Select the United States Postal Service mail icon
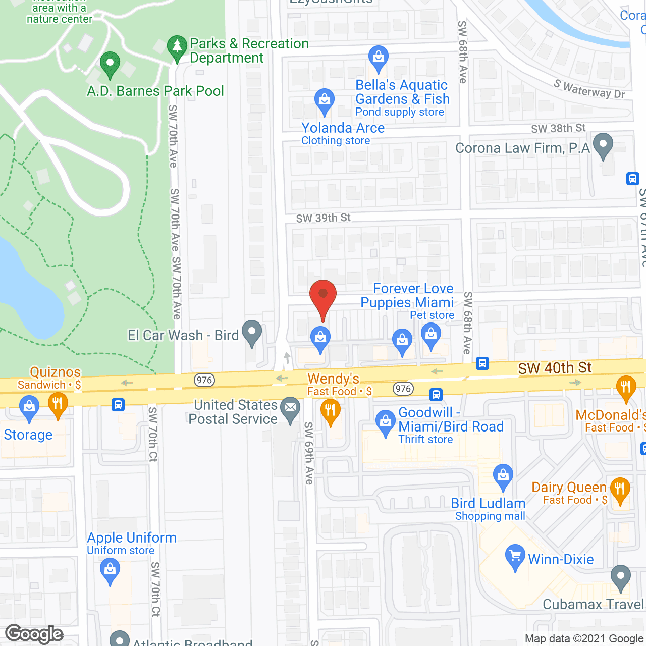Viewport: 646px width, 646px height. pyautogui.click(x=290, y=408)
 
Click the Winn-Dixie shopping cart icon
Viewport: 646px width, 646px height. pyautogui.click(x=515, y=557)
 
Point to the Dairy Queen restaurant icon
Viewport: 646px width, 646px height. pyautogui.click(x=620, y=490)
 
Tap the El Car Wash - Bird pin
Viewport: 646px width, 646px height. pyautogui.click(x=252, y=333)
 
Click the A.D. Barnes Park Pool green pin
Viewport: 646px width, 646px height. pyautogui.click(x=110, y=64)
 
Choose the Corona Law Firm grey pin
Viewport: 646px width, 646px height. pyautogui.click(x=603, y=145)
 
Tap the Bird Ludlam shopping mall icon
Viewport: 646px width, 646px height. pyautogui.click(x=503, y=475)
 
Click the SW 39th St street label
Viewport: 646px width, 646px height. pyautogui.click(x=323, y=218)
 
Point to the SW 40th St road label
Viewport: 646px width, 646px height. pyautogui.click(x=555, y=368)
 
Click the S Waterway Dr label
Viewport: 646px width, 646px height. pyautogui.click(x=589, y=89)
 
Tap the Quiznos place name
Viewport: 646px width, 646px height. pyautogui.click(x=55, y=372)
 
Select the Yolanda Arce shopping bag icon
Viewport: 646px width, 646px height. pyautogui.click(x=324, y=100)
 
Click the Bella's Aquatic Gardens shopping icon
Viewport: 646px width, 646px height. pyautogui.click(x=378, y=57)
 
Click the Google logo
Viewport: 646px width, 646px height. pyautogui.click(x=34, y=634)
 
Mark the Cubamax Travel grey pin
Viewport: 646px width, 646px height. pyautogui.click(x=620, y=577)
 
